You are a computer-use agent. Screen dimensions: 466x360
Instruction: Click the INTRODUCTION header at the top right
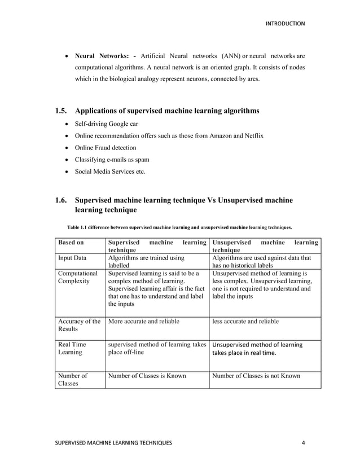[x=285, y=23]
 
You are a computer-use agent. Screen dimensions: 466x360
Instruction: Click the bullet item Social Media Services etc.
[x=110, y=172]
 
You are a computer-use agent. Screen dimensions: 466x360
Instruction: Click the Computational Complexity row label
[x=78, y=276]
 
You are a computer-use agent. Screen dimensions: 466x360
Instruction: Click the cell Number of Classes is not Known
[x=256, y=375]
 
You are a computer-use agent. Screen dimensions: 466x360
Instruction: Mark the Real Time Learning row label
[x=71, y=348]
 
